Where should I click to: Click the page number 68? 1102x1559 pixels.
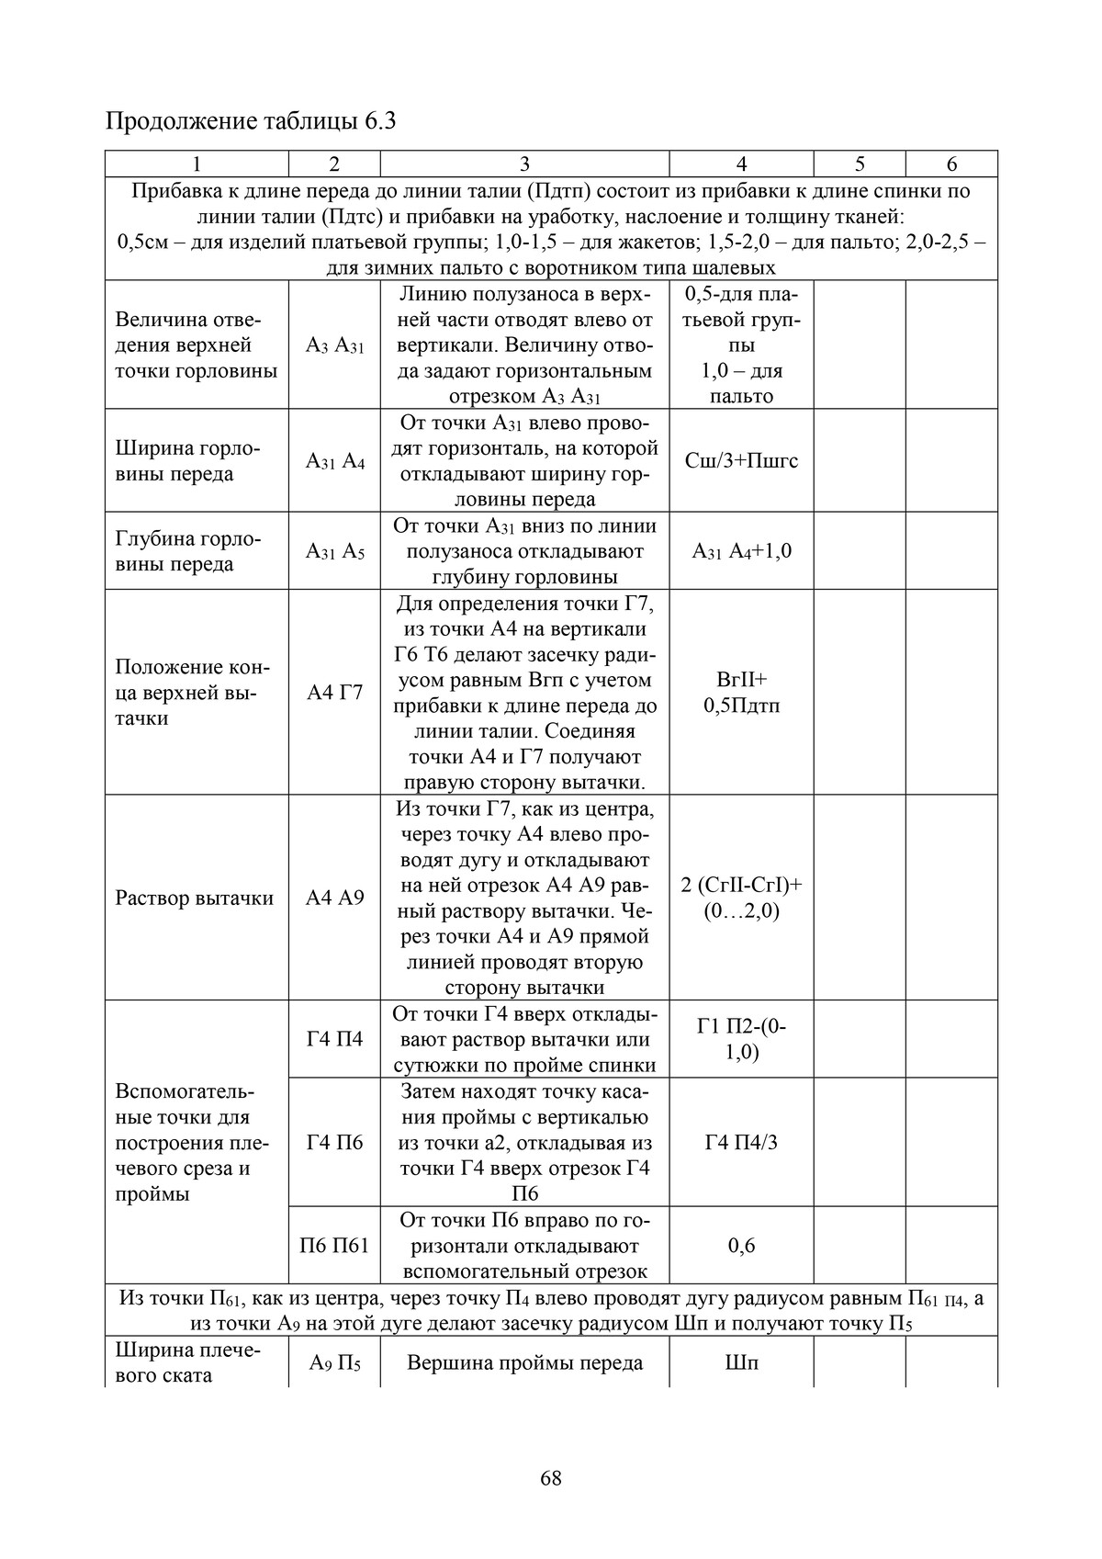click(551, 1478)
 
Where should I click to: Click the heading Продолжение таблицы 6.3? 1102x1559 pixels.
click(251, 120)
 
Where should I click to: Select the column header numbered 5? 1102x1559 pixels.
click(860, 164)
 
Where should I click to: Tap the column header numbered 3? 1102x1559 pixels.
click(524, 164)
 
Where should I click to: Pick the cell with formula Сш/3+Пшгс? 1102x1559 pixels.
click(741, 460)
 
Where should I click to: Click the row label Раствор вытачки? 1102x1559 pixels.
click(195, 898)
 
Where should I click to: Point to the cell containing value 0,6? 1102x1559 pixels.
click(741, 1246)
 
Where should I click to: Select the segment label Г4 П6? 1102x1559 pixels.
click(334, 1142)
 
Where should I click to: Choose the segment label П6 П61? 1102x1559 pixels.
click(334, 1246)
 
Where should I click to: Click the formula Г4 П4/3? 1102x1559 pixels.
click(741, 1142)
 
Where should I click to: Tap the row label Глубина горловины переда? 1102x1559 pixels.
click(188, 551)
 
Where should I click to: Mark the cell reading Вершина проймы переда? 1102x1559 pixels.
click(524, 1362)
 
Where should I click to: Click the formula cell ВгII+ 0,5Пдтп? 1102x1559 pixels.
click(741, 693)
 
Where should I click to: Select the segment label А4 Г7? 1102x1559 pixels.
click(334, 693)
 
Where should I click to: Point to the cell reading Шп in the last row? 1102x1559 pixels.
click(741, 1362)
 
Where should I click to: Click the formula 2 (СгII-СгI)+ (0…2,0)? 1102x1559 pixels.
click(741, 898)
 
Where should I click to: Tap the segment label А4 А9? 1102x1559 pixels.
click(334, 898)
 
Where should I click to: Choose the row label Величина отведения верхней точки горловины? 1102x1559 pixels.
click(196, 345)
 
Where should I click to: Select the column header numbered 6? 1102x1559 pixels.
click(951, 164)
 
